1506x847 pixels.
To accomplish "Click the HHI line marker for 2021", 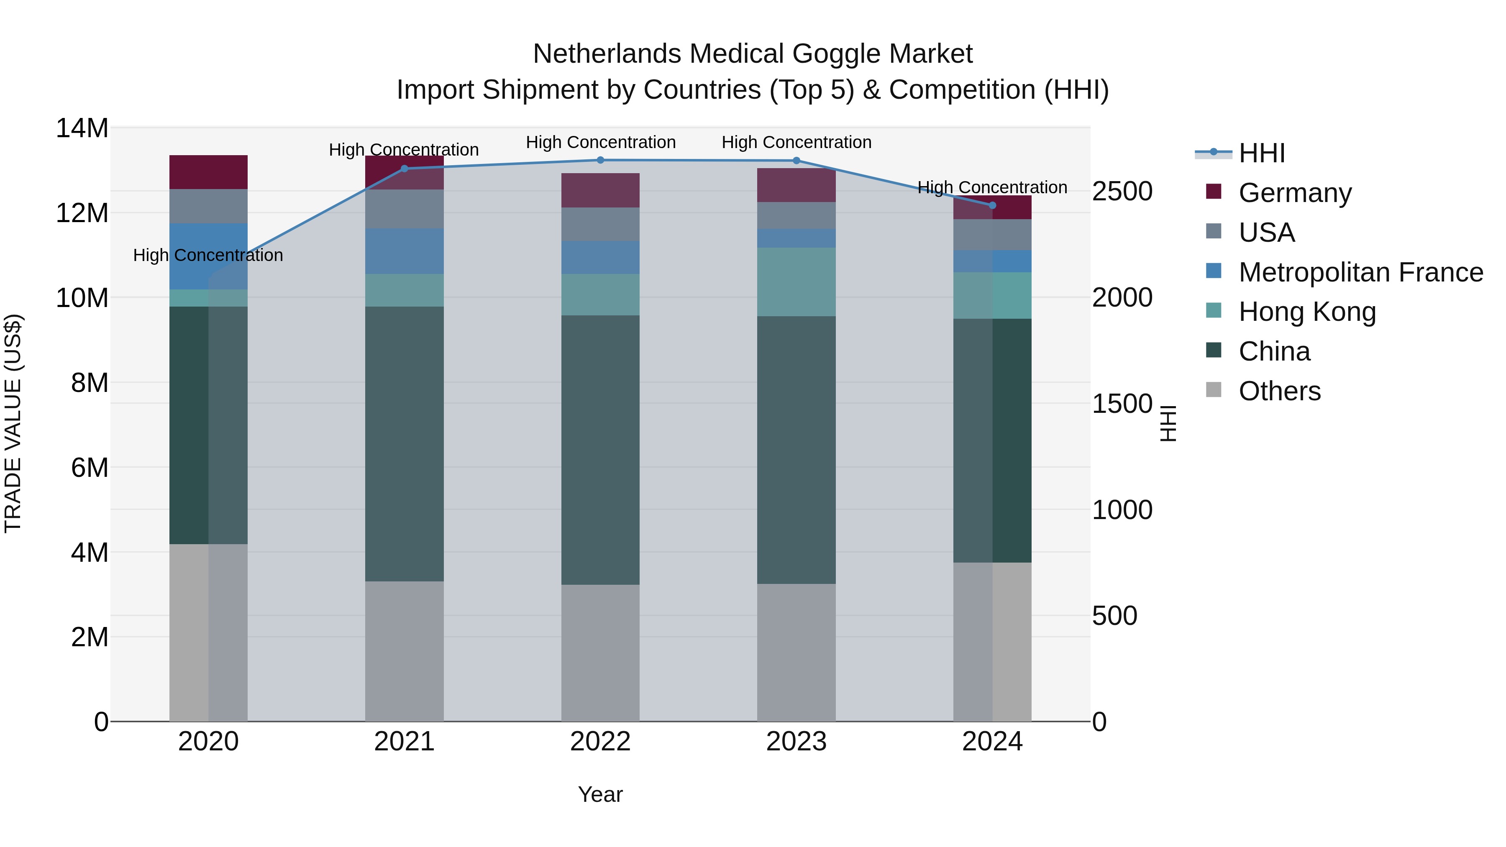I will click(404, 168).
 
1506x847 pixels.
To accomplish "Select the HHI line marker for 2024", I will click(992, 205).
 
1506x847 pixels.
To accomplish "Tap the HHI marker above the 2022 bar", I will click(600, 160).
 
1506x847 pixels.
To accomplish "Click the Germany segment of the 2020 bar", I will click(208, 172).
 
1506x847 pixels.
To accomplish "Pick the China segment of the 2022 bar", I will click(600, 450).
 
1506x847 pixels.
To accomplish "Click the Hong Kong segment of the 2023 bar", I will click(796, 282).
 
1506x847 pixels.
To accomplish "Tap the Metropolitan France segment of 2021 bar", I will click(404, 251).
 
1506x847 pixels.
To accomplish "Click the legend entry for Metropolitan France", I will click(1360, 272).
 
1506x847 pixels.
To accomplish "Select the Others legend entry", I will click(1279, 391).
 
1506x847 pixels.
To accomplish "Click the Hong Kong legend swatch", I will click(1213, 310).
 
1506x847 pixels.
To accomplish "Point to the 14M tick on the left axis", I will click(82, 128).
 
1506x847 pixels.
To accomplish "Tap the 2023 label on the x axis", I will click(796, 742).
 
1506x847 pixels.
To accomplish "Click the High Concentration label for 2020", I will click(208, 256).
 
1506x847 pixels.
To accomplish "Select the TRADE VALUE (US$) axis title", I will click(13, 423).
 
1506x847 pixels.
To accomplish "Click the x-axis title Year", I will click(600, 794).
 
